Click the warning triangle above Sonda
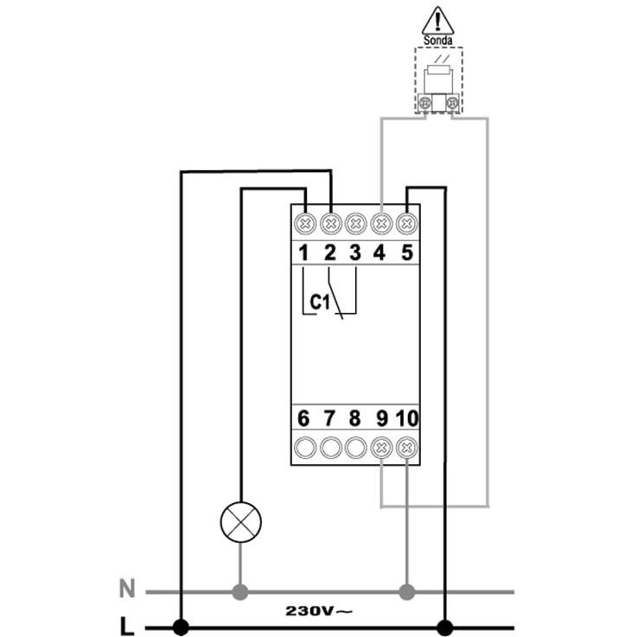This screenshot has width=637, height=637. point(437,21)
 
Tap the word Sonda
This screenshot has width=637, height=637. point(437,41)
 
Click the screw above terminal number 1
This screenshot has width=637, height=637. point(305,224)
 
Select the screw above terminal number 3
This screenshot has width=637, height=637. point(355,224)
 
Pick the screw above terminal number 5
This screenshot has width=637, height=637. point(406,224)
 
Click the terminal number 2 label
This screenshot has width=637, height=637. point(330,252)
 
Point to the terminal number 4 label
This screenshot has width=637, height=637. point(379,252)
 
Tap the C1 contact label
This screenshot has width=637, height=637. point(320,303)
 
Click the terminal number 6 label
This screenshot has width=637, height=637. point(303,418)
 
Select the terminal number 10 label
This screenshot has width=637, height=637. point(407,418)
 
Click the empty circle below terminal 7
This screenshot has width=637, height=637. point(330,448)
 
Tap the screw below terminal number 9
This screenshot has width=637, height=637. point(381,448)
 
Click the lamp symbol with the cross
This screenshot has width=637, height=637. point(241,522)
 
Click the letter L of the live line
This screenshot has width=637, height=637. point(127,626)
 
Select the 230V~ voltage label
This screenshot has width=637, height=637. point(319,610)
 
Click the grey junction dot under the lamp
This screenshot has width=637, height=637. point(240,592)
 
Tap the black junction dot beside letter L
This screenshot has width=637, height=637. point(181,627)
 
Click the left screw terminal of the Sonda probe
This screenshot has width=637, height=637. point(424,103)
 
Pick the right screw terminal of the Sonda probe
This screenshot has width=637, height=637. point(452,103)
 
